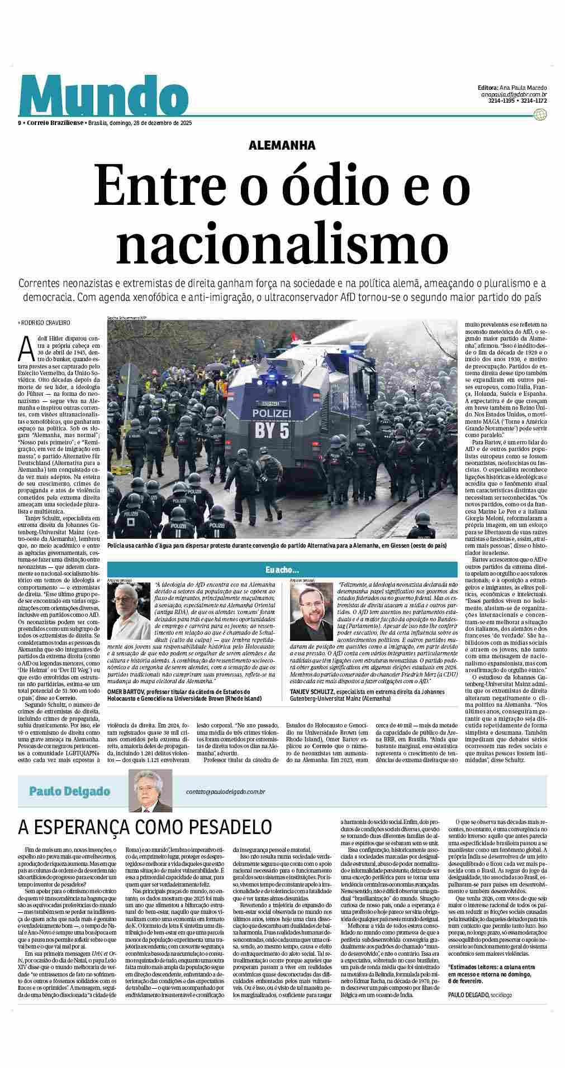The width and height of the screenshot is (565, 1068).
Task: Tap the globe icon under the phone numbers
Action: click(540, 114)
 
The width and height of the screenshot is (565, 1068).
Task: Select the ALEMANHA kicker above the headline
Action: click(282, 145)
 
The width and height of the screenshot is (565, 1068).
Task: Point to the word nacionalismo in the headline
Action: click(282, 242)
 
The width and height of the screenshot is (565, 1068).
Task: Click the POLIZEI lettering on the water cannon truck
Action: click(272, 413)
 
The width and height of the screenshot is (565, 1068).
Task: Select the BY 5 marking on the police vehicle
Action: click(272, 430)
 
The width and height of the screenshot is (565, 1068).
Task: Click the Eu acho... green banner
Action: click(282, 570)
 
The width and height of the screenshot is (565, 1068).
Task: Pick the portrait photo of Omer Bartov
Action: click(129, 611)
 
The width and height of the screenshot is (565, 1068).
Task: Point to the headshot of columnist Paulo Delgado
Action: click(150, 791)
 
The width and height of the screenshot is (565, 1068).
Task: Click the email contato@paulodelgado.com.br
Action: click(225, 792)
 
